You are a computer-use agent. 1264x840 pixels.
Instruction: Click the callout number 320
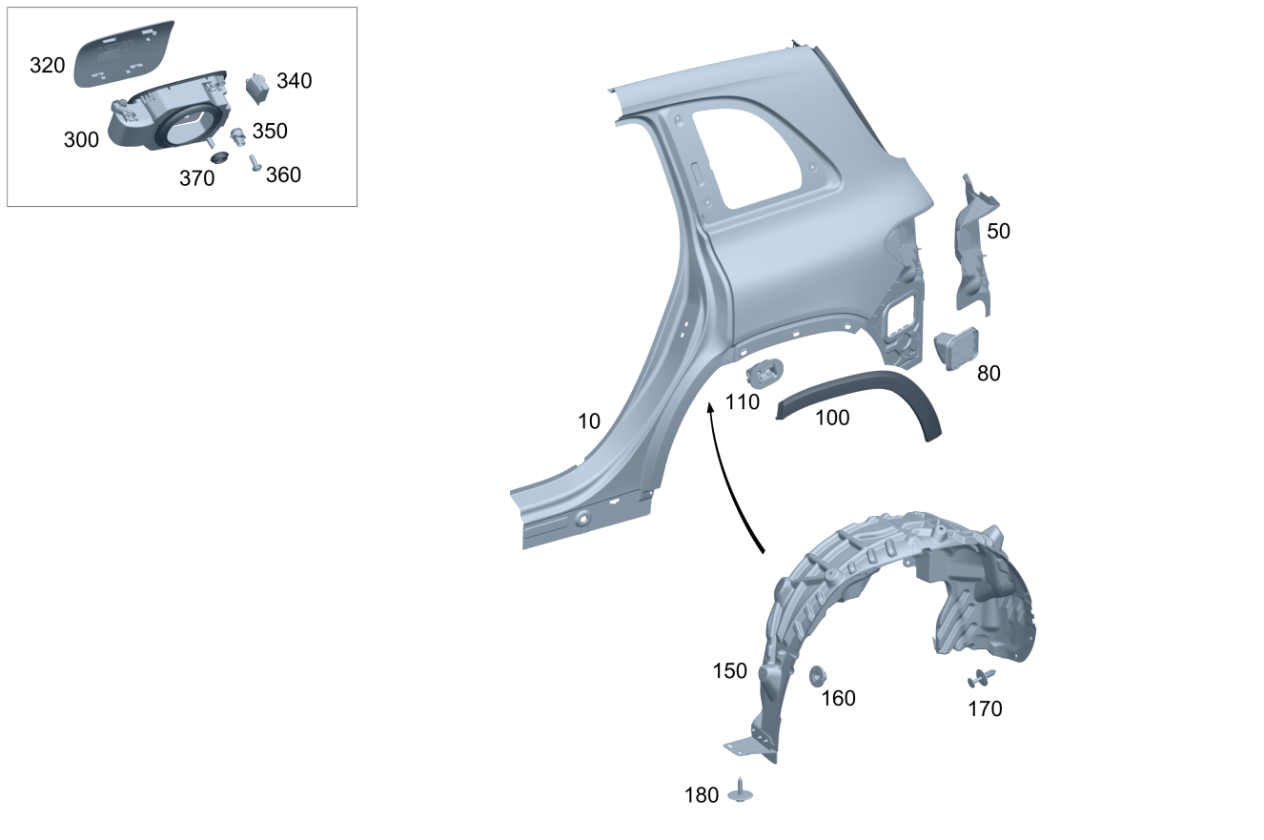coord(48,66)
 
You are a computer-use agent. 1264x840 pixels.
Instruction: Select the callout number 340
coord(294,81)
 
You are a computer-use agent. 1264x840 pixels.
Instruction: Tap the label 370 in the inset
coord(197,178)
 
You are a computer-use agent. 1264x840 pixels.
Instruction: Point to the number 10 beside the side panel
coord(588,421)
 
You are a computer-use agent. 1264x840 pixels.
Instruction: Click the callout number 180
coord(702,795)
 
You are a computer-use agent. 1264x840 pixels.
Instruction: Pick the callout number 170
coord(985,709)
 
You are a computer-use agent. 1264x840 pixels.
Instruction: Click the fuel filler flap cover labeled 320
coord(125,53)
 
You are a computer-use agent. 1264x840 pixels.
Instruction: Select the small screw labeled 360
coord(255,163)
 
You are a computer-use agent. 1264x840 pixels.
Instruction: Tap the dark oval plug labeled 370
coord(219,156)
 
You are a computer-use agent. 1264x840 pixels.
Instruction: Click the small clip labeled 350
coord(237,136)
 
